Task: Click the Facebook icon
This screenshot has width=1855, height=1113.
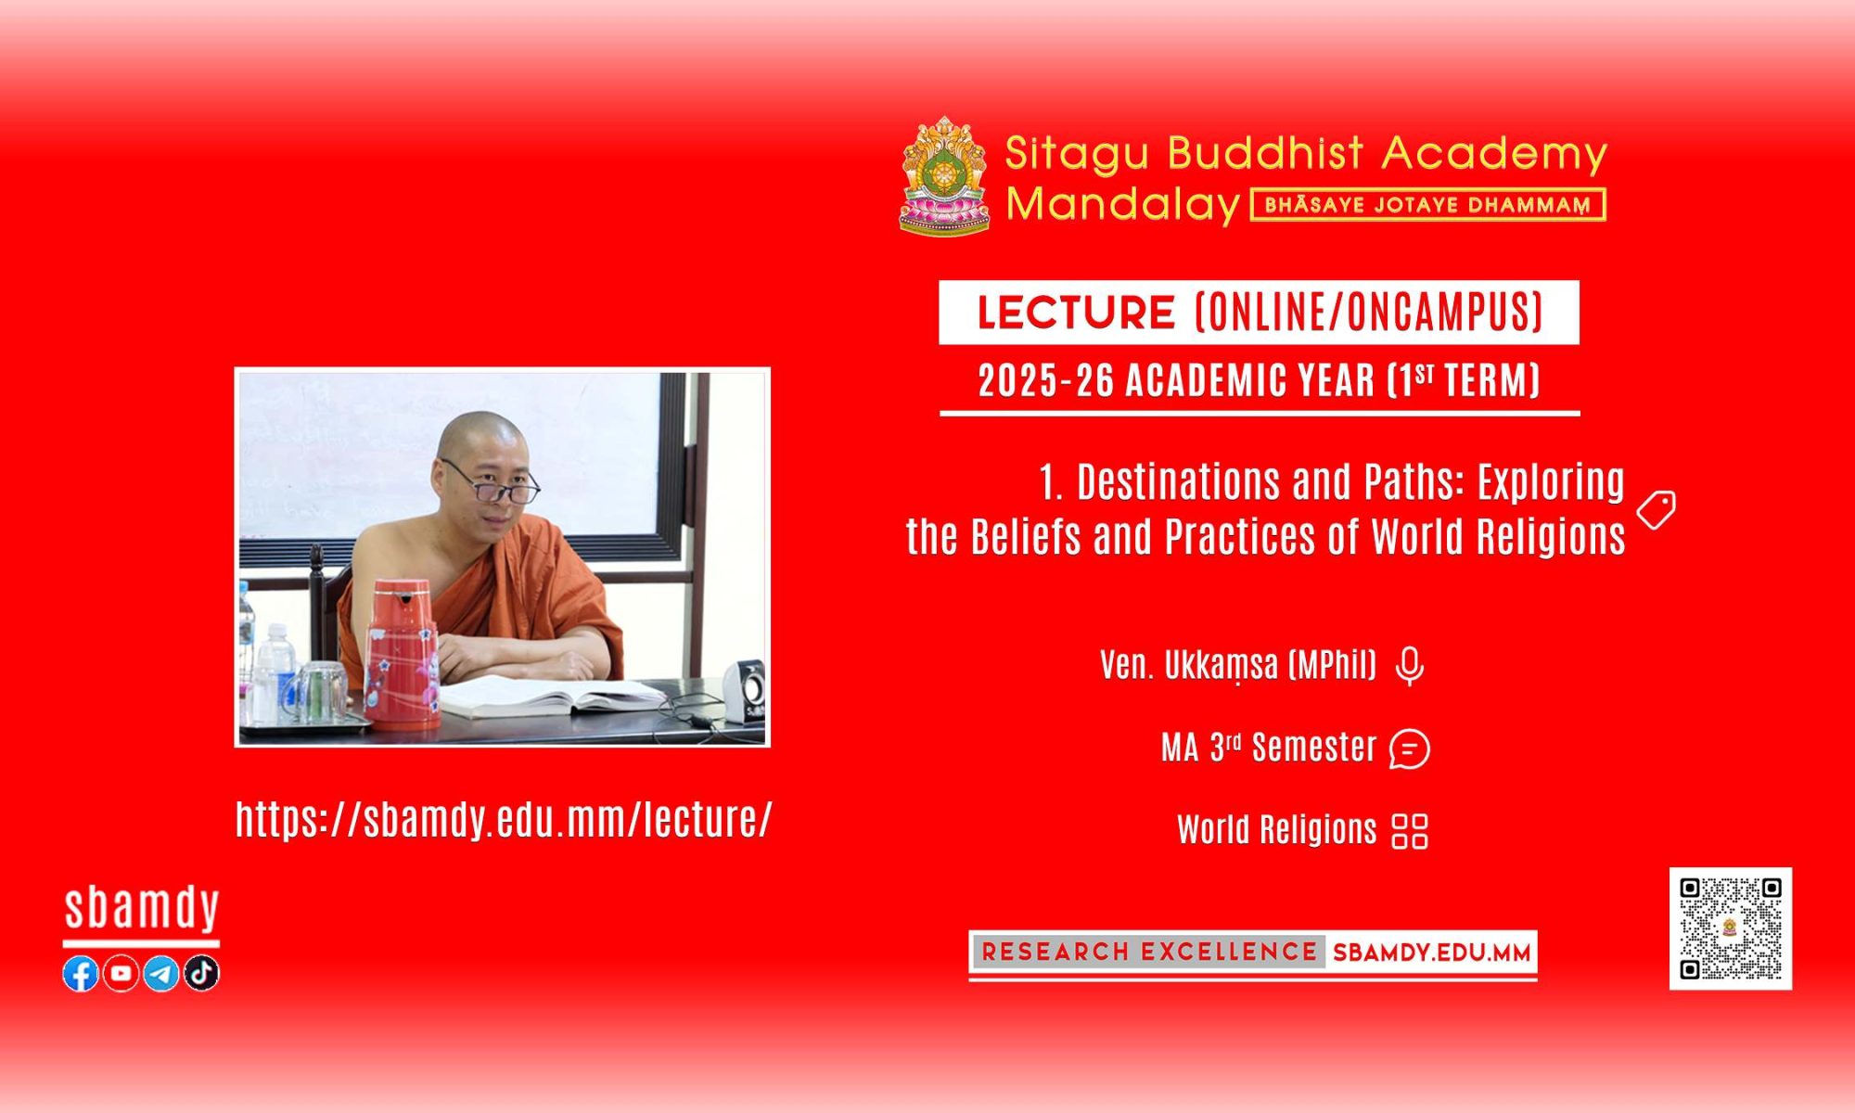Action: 81,973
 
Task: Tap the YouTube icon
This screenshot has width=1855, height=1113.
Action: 121,973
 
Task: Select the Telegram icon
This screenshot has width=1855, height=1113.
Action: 161,973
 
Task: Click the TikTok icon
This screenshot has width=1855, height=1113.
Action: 201,973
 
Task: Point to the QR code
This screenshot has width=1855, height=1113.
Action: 1731,928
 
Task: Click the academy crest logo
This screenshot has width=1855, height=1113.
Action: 945,175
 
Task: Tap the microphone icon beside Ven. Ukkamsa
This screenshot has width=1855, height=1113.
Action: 1410,666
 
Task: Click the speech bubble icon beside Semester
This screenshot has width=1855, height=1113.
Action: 1410,749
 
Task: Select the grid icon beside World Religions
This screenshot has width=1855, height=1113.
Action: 1410,831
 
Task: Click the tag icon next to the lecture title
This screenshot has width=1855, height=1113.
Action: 1657,511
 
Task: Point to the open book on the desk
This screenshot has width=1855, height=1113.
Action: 547,696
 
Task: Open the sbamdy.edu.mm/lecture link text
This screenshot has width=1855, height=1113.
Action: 504,820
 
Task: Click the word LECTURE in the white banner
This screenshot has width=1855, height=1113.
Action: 1076,313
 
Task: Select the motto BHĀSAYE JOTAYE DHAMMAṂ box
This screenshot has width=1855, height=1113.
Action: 1428,205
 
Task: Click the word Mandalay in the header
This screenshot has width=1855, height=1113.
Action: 1123,204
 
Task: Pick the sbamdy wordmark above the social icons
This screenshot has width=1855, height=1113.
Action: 142,910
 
